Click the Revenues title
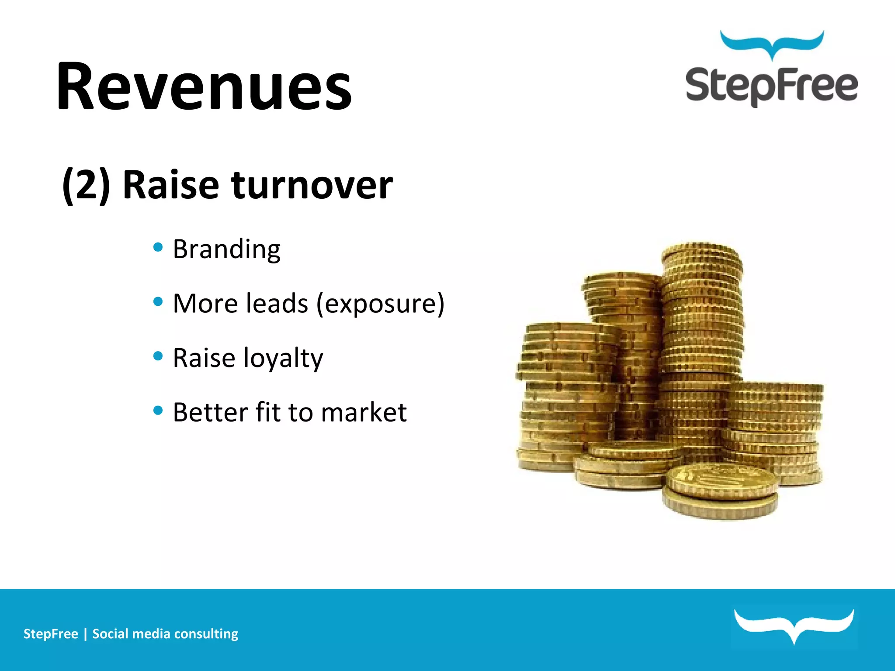[204, 86]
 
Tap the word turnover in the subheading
[312, 185]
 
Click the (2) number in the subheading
[86, 185]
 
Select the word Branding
[226, 249]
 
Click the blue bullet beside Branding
[158, 247]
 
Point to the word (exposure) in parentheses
[380, 304]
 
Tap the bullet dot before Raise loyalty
[158, 356]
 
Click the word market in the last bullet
[364, 412]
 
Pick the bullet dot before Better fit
[158, 410]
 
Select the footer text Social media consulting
[165, 634]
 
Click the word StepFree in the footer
[51, 634]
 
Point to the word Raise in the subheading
[170, 185]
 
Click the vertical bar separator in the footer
[85, 634]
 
